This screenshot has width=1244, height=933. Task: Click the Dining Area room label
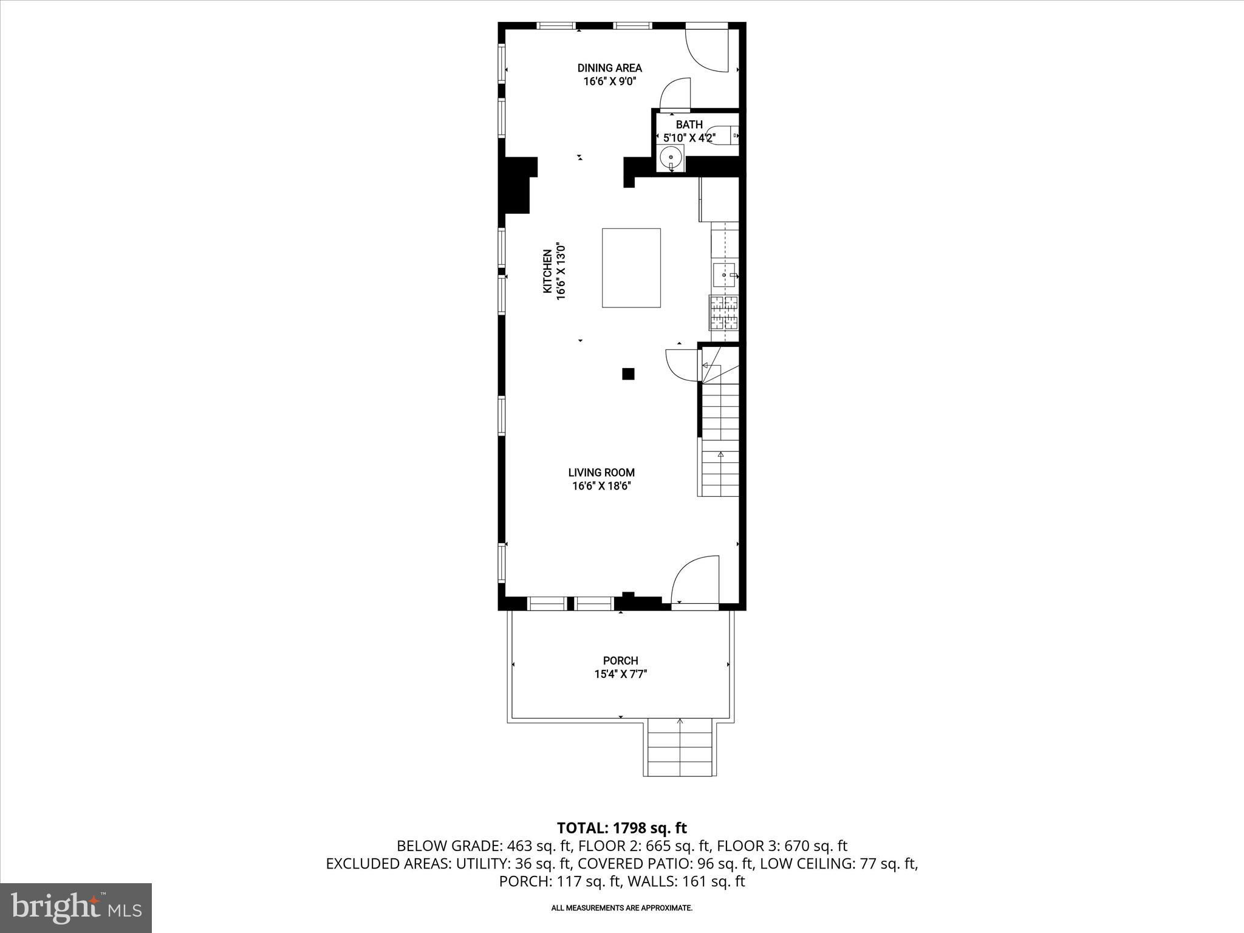609,68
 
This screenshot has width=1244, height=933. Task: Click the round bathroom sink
671,157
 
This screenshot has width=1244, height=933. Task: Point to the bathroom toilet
723,135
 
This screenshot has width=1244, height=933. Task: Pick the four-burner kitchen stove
723,313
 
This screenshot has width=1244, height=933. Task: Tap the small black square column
628,374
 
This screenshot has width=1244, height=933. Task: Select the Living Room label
601,473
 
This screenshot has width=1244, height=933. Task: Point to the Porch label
620,661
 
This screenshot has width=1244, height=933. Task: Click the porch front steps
680,748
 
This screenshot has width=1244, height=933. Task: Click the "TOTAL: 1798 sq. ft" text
622,827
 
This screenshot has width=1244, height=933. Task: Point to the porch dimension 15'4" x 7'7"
620,674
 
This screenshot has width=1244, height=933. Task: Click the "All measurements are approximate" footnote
621,908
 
